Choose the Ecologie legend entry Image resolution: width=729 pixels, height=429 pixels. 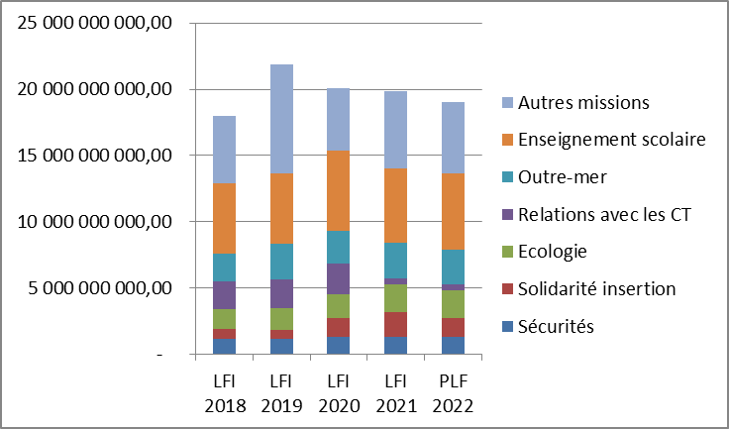558,252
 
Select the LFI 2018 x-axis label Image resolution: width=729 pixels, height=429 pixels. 224,393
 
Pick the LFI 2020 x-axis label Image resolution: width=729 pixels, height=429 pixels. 339,393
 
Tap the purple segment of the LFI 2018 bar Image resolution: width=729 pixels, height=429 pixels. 224,295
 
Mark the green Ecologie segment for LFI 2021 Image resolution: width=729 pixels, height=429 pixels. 396,298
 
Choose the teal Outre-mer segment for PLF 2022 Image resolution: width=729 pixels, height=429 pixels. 454,267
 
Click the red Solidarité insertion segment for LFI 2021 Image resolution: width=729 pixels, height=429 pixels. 396,324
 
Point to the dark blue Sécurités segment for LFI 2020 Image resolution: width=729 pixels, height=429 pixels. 339,345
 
